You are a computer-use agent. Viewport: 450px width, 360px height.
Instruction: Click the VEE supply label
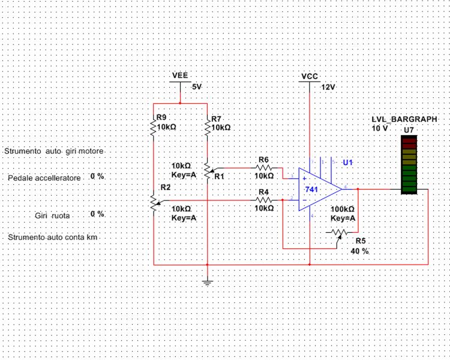180,76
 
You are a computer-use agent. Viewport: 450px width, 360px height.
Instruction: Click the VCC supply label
310,77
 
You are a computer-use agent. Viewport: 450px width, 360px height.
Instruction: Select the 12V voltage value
328,87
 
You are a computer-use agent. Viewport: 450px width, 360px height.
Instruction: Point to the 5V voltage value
197,87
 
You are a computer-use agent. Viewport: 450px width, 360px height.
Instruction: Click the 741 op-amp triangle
315,189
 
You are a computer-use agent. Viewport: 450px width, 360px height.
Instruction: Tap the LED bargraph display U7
409,165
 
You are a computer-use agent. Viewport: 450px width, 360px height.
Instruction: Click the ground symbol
207,281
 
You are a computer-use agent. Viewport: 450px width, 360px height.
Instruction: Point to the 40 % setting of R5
359,251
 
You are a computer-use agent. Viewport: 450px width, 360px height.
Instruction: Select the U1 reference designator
349,163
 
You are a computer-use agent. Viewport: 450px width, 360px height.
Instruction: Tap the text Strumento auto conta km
52,238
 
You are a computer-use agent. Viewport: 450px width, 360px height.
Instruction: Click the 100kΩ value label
343,210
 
